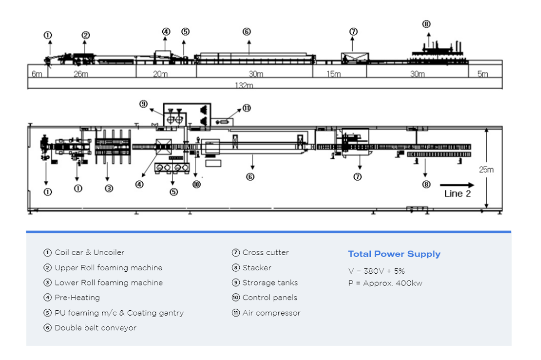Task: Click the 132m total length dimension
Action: (244, 86)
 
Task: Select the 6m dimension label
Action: (36, 74)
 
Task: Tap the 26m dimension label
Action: (81, 74)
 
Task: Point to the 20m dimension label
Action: (160, 74)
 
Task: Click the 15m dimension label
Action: (333, 74)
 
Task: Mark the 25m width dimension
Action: (486, 169)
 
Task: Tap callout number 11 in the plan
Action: (246, 108)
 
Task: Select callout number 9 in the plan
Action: (143, 104)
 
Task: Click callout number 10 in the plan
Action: (196, 184)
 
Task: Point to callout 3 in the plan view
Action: (109, 188)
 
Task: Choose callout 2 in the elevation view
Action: (85, 35)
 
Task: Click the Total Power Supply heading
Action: (394, 254)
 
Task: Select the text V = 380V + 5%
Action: (376, 271)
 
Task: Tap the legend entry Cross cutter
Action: (265, 252)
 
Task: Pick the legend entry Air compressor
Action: (271, 313)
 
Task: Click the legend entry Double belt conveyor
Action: (95, 327)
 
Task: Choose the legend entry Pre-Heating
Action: (77, 297)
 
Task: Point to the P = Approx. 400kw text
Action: (385, 283)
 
